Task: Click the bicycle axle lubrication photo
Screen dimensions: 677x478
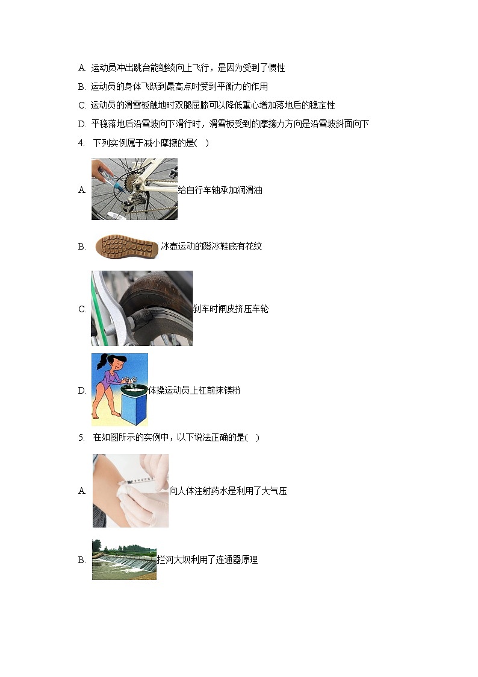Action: [x=134, y=189]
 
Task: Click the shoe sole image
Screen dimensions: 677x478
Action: [x=126, y=246]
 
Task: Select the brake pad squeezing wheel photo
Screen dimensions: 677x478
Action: [x=141, y=308]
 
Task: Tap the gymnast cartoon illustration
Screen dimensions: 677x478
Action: [x=119, y=389]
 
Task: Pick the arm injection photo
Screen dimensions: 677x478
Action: [x=130, y=490]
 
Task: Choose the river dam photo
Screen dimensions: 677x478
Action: [x=124, y=559]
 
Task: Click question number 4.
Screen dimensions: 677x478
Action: [x=81, y=143]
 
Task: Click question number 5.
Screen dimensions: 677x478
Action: [x=81, y=437]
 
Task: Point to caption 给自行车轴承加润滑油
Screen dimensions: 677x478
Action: [x=220, y=190]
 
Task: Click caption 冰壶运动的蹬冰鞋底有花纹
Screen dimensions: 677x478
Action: [x=211, y=246]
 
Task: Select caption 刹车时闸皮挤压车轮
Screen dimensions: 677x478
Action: [x=231, y=309]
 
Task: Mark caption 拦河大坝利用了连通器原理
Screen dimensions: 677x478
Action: [x=207, y=559]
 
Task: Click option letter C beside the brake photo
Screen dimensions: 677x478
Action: [x=82, y=309]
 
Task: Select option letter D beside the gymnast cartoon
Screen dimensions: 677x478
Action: [x=82, y=391]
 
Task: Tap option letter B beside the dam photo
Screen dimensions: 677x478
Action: [x=82, y=560]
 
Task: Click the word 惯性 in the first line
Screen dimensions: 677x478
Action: [x=276, y=68]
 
